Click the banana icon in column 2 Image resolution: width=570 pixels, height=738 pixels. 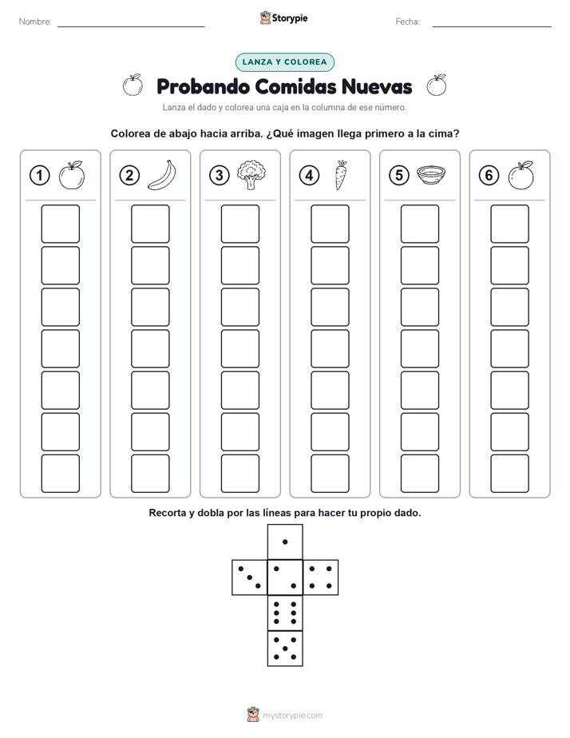[162, 175]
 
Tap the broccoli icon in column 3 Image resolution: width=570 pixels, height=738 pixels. [251, 175]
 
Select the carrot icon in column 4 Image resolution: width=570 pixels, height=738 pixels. [341, 175]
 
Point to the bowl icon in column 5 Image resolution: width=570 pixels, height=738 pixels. [431, 175]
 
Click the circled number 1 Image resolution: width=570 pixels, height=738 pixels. [39, 176]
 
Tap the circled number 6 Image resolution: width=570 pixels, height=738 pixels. [489, 176]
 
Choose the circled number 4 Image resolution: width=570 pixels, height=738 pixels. [309, 176]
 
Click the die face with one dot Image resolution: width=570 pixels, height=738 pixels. [285, 542]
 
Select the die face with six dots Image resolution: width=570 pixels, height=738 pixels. [285, 613]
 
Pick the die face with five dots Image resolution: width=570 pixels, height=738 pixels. [285, 648]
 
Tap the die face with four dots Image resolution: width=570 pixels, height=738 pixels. [321, 577]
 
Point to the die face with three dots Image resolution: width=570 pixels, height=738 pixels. [250, 577]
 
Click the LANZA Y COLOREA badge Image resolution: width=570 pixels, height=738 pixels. [284, 62]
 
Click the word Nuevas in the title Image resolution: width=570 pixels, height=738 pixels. [377, 86]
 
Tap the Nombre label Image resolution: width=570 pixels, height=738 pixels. [35, 22]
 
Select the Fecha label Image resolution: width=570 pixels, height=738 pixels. [408, 22]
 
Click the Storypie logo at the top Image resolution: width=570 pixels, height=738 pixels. [283, 18]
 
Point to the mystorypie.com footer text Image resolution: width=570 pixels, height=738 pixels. [292, 716]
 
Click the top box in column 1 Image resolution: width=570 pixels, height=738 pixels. [60, 224]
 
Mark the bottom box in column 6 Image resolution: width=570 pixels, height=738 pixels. [510, 474]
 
